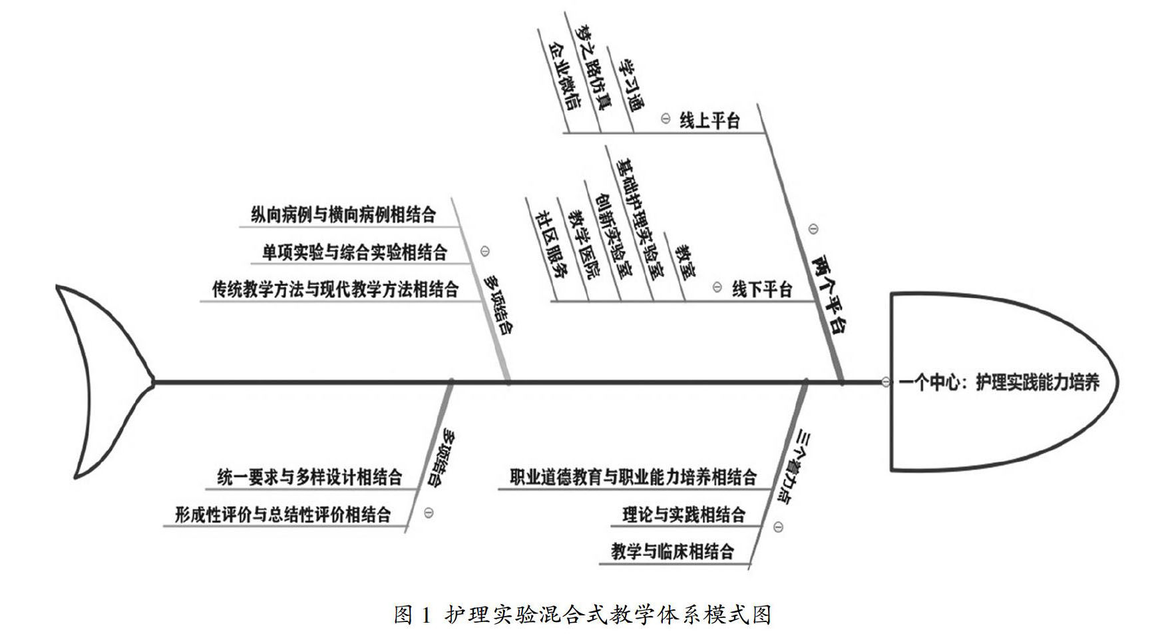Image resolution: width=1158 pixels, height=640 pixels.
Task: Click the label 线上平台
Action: coord(709,121)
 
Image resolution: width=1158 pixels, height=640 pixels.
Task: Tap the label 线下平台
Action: coord(762,290)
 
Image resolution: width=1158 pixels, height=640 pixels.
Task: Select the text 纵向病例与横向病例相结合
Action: coord(343,214)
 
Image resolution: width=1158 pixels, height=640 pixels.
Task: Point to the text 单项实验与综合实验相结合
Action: coord(354,252)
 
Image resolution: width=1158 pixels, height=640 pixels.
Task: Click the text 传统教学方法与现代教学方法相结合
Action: coord(335,290)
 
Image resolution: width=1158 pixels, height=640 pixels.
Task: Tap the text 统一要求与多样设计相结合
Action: coord(309,477)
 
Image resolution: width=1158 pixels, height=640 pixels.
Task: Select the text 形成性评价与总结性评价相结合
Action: coord(283,515)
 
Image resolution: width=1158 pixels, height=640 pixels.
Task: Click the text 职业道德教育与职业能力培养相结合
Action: coord(633,477)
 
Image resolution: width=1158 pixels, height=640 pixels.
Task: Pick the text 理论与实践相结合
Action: coord(683,515)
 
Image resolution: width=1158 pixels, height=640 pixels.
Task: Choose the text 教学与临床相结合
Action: coord(672,551)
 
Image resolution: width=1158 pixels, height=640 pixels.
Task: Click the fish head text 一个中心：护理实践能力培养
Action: coord(998,382)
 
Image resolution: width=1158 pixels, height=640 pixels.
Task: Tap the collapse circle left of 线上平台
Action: coord(665,119)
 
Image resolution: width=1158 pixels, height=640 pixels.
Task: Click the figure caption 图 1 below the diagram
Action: coord(582,614)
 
